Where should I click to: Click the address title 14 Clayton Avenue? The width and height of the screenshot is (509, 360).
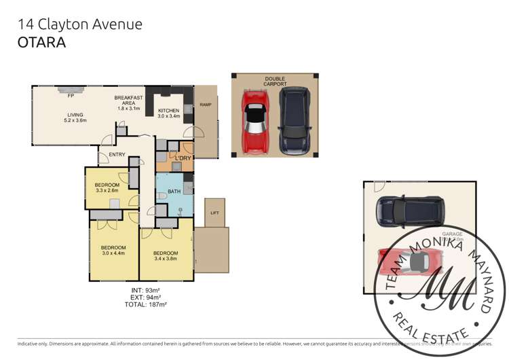click(80, 24)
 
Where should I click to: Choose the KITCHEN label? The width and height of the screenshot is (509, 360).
click(168, 111)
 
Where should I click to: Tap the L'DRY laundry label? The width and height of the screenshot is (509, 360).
click(182, 158)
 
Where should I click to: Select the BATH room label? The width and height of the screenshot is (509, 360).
click(174, 192)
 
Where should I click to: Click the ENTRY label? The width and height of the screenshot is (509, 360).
click(117, 154)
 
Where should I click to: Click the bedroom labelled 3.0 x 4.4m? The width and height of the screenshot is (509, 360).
click(113, 251)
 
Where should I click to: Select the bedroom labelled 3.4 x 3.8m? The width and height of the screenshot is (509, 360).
click(166, 256)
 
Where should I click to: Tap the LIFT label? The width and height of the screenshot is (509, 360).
click(214, 213)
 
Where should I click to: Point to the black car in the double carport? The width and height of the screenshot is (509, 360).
click(293, 120)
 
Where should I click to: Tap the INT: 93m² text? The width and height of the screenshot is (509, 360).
click(143, 291)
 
